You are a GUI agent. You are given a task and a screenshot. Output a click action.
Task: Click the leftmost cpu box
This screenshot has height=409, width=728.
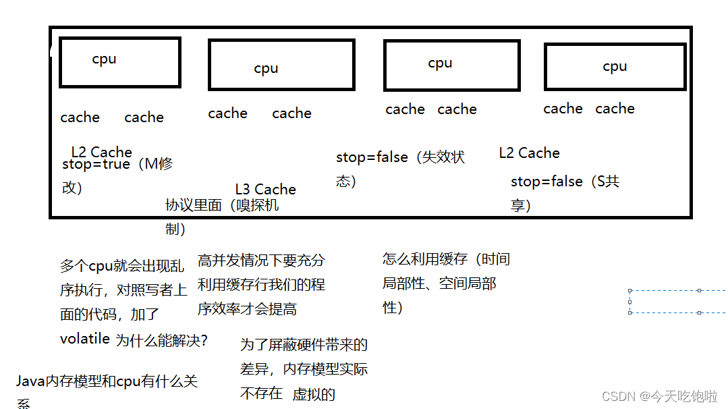tap(120, 62)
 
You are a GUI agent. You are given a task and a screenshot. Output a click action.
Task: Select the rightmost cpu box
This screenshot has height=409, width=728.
tap(615, 67)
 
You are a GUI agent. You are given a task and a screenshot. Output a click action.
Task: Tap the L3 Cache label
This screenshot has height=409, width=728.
tap(265, 190)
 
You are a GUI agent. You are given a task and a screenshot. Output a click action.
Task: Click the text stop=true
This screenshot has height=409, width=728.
tap(96, 164)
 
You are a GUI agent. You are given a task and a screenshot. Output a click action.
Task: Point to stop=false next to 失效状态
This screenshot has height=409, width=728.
tap(372, 157)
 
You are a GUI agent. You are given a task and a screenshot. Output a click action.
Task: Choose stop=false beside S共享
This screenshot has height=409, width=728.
tap(547, 182)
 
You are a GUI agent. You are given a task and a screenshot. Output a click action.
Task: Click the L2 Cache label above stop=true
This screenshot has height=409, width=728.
tap(101, 152)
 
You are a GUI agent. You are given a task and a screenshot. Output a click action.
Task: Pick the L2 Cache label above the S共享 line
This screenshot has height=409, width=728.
tap(529, 153)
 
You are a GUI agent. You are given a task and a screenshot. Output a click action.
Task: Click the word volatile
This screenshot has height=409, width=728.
tap(84, 339)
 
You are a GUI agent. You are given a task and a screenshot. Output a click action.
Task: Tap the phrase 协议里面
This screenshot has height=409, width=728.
tap(194, 205)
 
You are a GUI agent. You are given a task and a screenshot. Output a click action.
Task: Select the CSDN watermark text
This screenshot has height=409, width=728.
tap(659, 396)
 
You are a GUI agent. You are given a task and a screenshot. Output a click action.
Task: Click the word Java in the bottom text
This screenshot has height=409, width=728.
tap(30, 382)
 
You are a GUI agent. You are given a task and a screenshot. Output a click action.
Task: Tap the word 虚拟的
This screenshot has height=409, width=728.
tap(314, 395)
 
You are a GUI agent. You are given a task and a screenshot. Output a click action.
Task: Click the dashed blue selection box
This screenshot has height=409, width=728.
tap(677, 302)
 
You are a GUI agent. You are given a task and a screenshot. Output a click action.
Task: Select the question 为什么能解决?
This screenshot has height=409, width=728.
tap(162, 341)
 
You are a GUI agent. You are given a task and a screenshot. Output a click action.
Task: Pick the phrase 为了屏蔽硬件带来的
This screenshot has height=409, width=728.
tap(304, 346)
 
